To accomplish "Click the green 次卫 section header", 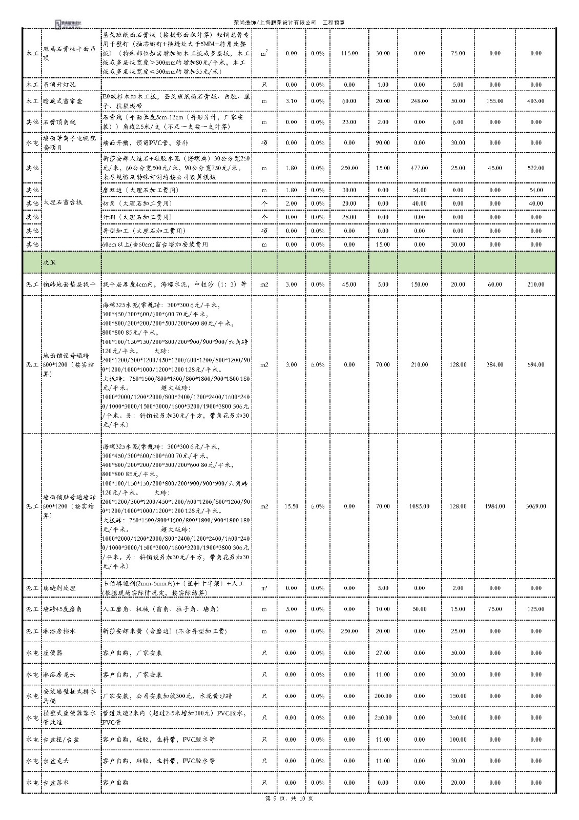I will pyautogui.click(x=50, y=262).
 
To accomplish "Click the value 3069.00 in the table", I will pyautogui.click(x=535, y=506).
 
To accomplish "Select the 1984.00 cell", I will pyautogui.click(x=494, y=506).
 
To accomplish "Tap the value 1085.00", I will pyautogui.click(x=419, y=506).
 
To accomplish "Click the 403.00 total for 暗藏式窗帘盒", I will pyautogui.click(x=535, y=101).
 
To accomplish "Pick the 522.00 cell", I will pyautogui.click(x=535, y=168).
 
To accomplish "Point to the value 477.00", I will pyautogui.click(x=419, y=168).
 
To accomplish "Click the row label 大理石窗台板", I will pyautogui.click(x=63, y=202).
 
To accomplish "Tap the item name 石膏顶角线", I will pyautogui.click(x=59, y=122).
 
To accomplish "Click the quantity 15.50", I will pyautogui.click(x=291, y=506).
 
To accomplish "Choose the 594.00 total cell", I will pyautogui.click(x=535, y=365).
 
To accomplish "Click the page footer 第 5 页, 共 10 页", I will pyautogui.click(x=289, y=813).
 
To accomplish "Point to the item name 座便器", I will pyautogui.click(x=53, y=653).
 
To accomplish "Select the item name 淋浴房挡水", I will pyautogui.click(x=59, y=631).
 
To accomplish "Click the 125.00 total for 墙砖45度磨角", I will pyautogui.click(x=535, y=609).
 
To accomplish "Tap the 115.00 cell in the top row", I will pyautogui.click(x=349, y=53).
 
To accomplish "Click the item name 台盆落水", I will pyautogui.click(x=56, y=783).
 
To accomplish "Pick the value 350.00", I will pyautogui.click(x=458, y=717).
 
